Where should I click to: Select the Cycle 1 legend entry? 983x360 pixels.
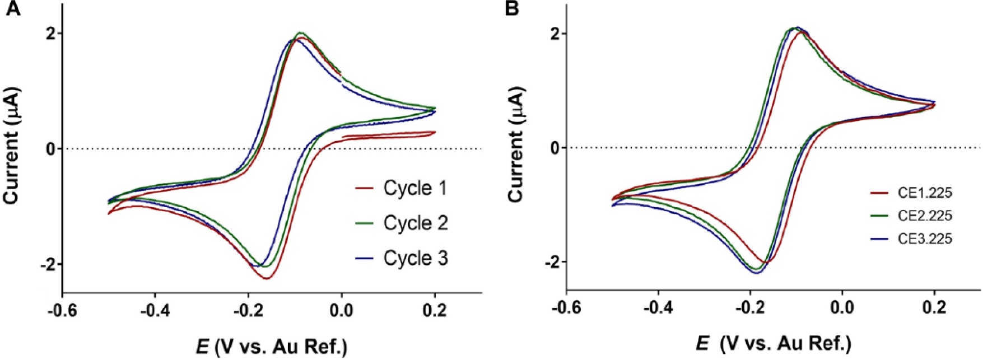click(402, 188)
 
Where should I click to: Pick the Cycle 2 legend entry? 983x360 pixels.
click(402, 223)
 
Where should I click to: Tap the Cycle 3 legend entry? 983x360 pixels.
click(402, 258)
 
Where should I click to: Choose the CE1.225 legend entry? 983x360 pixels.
click(911, 193)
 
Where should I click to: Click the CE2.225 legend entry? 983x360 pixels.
click(911, 216)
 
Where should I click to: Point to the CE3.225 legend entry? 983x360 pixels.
click(911, 239)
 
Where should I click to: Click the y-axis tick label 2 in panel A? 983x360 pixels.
click(51, 34)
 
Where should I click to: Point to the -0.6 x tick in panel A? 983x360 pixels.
click(62, 310)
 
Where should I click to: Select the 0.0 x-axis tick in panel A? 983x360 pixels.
click(341, 310)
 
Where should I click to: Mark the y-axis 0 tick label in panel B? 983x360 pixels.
click(555, 148)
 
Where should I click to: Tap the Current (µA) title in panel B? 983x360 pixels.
click(515, 144)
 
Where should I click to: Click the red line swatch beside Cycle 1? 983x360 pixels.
click(365, 188)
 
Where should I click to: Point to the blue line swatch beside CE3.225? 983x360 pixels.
click(879, 239)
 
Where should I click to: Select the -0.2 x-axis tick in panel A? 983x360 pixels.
click(248, 310)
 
